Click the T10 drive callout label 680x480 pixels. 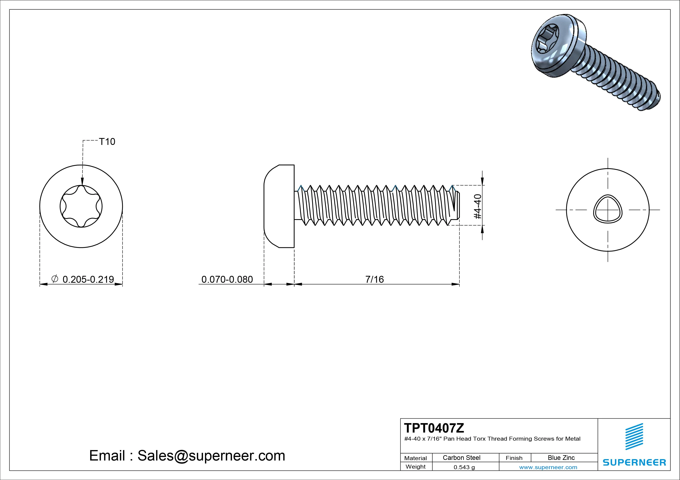coord(107,142)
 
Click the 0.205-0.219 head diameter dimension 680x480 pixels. coord(88,279)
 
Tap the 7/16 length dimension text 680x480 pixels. coord(374,279)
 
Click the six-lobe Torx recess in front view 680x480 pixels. coord(81,206)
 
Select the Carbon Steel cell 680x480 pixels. coord(461,458)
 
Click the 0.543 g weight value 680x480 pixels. coord(464,467)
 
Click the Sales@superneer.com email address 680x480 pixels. coord(211,455)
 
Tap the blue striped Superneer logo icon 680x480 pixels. coord(634,436)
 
